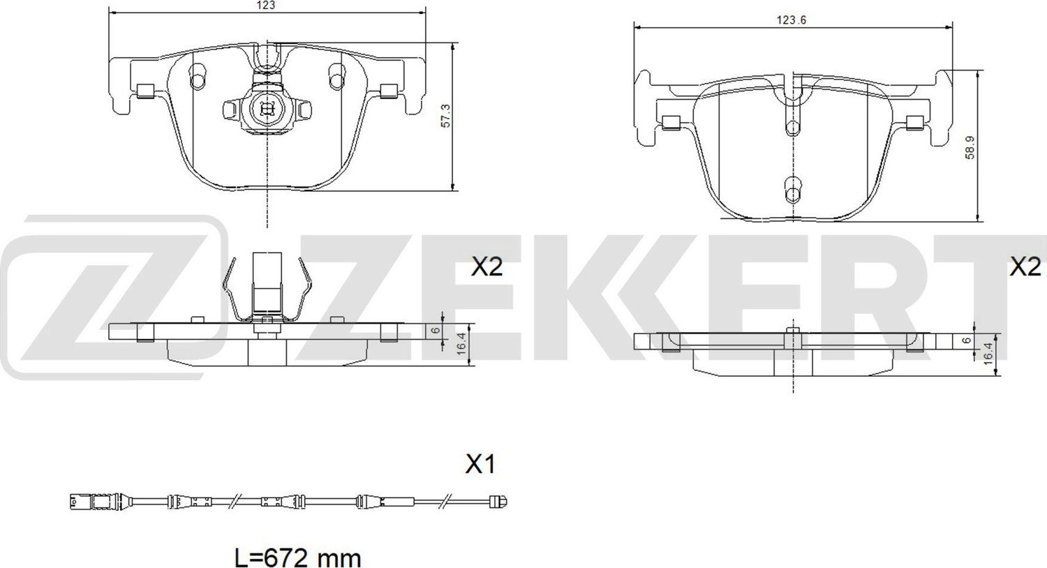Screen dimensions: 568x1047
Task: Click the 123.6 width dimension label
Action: [792, 20]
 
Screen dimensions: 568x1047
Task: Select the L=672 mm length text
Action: [297, 558]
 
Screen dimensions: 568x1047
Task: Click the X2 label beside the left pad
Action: [487, 266]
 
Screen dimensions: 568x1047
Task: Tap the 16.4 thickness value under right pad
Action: [986, 351]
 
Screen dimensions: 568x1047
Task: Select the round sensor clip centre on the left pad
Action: [266, 108]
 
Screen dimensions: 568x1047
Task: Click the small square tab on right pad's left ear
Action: [672, 124]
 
